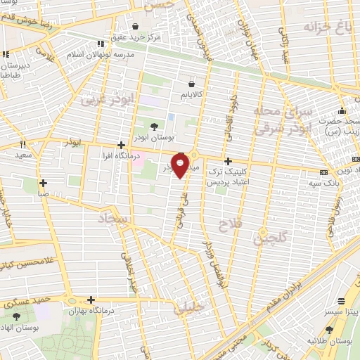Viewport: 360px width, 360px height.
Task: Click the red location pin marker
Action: [181, 167]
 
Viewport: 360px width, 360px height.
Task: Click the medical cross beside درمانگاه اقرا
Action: [122, 145]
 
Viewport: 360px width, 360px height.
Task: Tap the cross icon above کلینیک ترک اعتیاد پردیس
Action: [228, 160]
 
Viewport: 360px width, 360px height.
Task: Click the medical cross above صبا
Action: [44, 182]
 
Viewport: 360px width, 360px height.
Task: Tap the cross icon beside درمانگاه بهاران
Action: [91, 300]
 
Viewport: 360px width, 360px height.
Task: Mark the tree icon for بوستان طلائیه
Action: [329, 329]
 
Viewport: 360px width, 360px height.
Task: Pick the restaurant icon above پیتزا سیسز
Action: [342, 299]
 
